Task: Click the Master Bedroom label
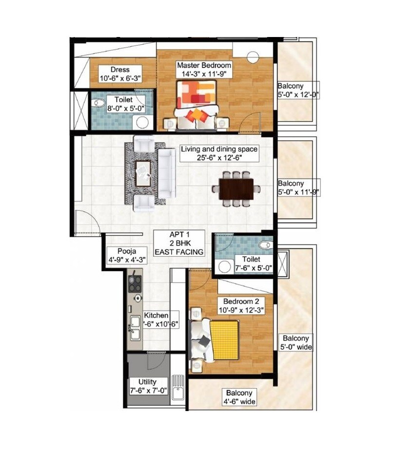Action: coord(204,65)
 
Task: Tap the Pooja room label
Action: coord(125,251)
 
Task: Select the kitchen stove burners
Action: coord(134,283)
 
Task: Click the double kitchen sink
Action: coord(134,329)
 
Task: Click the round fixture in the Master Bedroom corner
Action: coord(253,56)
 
